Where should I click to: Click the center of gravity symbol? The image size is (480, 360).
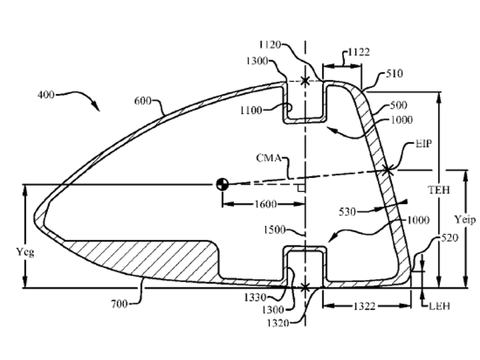pyautogui.click(x=223, y=184)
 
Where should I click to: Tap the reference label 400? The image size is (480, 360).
pyautogui.click(x=46, y=95)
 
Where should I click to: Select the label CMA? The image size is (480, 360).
pyautogui.click(x=269, y=158)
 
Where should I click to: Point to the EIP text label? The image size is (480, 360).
pyautogui.click(x=423, y=143)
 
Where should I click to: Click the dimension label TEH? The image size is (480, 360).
pyautogui.click(x=439, y=190)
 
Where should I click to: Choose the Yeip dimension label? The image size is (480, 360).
pyautogui.click(x=465, y=219)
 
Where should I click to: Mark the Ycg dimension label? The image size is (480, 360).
pyautogui.click(x=25, y=252)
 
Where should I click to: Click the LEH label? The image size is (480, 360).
pyautogui.click(x=439, y=306)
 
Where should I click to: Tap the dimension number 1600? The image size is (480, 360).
pyautogui.click(x=266, y=204)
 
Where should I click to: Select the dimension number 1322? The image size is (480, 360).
pyautogui.click(x=364, y=306)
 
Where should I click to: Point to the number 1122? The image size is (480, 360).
pyautogui.click(x=359, y=52)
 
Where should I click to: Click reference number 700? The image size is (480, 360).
pyautogui.click(x=119, y=304)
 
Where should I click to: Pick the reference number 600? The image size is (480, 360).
pyautogui.click(x=143, y=101)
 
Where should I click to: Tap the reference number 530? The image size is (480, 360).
pyautogui.click(x=347, y=211)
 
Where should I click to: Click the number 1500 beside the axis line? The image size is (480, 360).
pyautogui.click(x=275, y=229)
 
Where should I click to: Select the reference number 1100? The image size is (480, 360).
pyautogui.click(x=251, y=110)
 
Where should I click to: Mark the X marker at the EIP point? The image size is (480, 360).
pyautogui.click(x=387, y=169)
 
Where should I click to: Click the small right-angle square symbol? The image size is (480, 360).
pyautogui.click(x=301, y=188)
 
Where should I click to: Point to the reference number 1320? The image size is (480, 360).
pyautogui.click(x=278, y=323)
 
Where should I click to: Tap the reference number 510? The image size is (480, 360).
pyautogui.click(x=394, y=73)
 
